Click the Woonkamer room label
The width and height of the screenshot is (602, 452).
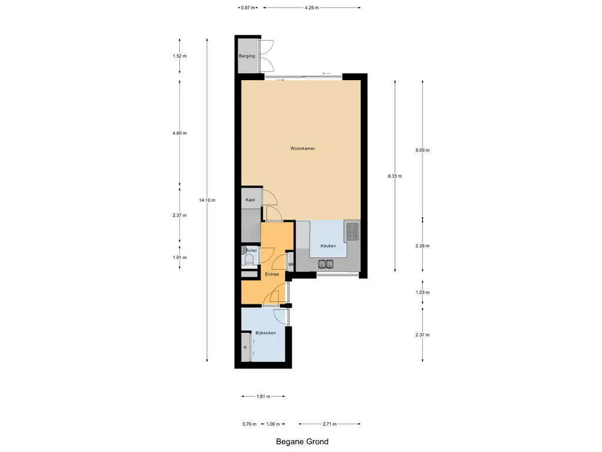tap(303, 149)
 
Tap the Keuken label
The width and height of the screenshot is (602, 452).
tap(328, 246)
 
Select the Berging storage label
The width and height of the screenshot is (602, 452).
tap(247, 56)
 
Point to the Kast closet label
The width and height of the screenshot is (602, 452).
tap(250, 200)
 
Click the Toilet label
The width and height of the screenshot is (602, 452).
tap(251, 251)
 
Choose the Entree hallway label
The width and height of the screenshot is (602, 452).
tap(272, 274)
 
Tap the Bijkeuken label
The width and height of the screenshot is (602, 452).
tap(266, 333)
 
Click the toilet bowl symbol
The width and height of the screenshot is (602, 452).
tap(249, 259)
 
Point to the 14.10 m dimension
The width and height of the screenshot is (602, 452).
tap(207, 200)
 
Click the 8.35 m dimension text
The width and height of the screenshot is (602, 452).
tap(394, 176)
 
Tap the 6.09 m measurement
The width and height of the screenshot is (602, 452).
tap(422, 150)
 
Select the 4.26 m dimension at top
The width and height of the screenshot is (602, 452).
tap(312, 8)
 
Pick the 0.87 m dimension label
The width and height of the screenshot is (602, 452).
tap(248, 8)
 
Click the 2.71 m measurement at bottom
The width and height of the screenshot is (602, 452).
tap(329, 424)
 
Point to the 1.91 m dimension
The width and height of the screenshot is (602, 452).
tap(263, 396)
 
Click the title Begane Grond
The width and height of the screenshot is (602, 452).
tap(302, 441)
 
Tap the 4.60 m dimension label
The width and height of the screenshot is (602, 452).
tap(179, 133)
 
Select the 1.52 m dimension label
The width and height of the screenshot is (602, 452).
tap(179, 56)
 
